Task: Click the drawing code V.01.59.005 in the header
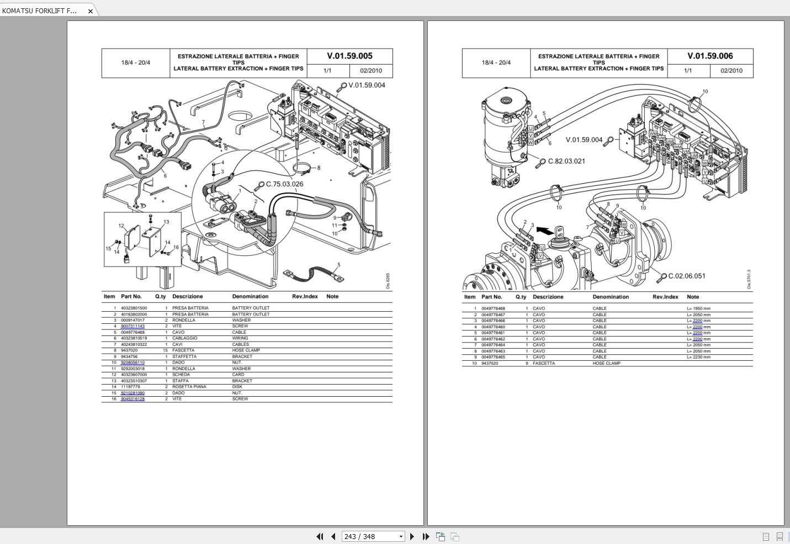[349, 56]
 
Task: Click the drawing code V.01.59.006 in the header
[710, 56]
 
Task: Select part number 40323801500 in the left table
[134, 308]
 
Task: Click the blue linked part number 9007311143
[132, 326]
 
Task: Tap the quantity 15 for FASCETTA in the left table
[165, 350]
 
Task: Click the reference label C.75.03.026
[284, 184]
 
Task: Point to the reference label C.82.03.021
[566, 161]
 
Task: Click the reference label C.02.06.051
[686, 276]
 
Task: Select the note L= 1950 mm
[698, 308]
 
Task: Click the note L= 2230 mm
[698, 357]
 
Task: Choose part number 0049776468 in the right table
[493, 308]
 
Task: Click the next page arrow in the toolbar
[412, 536]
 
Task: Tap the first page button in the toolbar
[320, 536]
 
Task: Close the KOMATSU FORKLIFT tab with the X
[91, 11]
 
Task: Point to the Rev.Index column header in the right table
[665, 297]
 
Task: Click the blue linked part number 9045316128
[132, 399]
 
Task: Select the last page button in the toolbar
[426, 536]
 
